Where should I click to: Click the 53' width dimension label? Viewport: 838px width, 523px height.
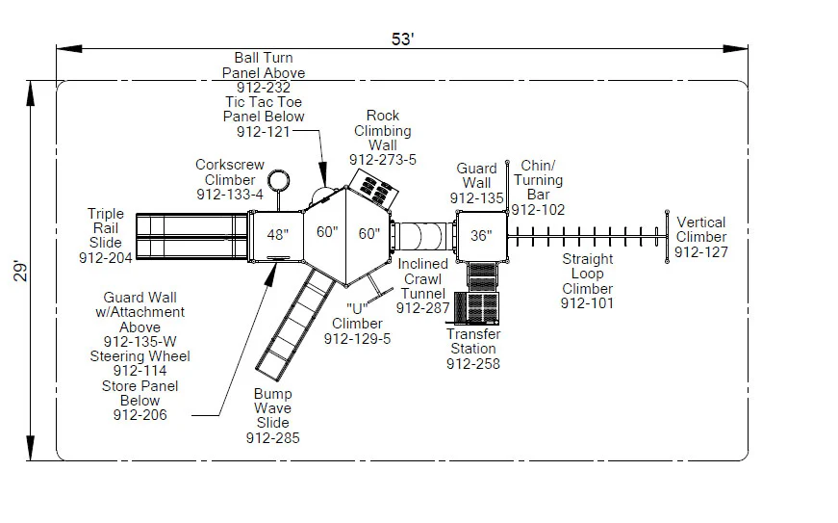click(x=401, y=39)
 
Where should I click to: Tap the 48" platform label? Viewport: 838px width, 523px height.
click(x=277, y=234)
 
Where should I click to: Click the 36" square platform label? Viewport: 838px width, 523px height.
click(x=480, y=235)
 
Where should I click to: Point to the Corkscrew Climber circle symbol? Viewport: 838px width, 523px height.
click(x=278, y=180)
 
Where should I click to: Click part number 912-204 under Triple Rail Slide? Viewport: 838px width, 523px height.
click(x=106, y=257)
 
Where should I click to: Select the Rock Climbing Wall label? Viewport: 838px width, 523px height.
click(x=382, y=130)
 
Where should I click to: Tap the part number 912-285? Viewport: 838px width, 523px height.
click(x=272, y=438)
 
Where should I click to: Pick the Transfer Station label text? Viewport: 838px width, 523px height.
click(x=472, y=341)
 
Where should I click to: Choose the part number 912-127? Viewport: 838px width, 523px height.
click(x=700, y=252)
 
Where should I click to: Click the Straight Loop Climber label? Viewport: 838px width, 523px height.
click(x=587, y=274)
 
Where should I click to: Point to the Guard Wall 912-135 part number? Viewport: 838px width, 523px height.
click(x=476, y=198)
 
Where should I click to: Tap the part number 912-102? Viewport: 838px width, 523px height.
click(x=538, y=209)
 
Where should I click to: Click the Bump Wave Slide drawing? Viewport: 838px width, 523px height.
click(x=292, y=323)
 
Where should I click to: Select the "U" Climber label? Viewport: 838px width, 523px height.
click(x=358, y=324)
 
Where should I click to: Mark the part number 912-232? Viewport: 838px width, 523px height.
click(x=264, y=87)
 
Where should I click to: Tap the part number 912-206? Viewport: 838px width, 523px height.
click(x=140, y=415)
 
